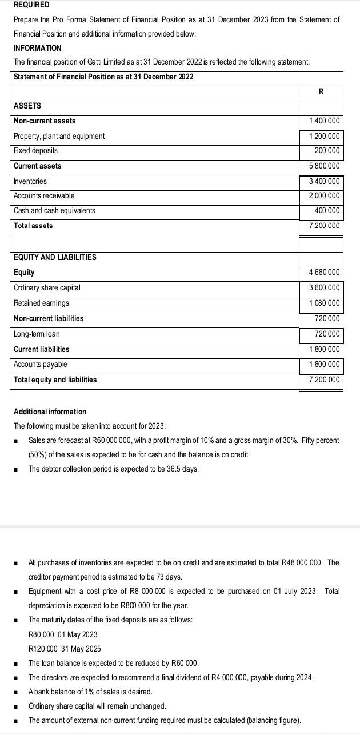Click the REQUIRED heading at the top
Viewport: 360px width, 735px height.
tap(31, 5)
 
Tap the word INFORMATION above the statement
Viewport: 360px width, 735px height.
tap(37, 48)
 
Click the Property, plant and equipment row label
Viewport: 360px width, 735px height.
tap(59, 137)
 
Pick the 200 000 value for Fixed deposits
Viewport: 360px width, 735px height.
tap(327, 151)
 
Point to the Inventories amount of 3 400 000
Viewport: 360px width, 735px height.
tap(324, 182)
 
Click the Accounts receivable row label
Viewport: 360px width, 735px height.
tap(44, 196)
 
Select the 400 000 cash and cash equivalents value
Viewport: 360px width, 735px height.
tap(327, 211)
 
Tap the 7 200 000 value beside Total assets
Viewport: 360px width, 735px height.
tap(324, 226)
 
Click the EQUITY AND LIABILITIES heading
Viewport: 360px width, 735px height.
tap(55, 258)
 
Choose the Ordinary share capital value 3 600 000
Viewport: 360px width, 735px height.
tap(324, 288)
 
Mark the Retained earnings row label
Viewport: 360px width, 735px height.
tap(41, 303)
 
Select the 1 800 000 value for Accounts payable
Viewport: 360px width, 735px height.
tap(324, 365)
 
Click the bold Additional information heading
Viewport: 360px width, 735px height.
tap(50, 412)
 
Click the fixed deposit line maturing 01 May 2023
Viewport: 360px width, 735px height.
tap(63, 634)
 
